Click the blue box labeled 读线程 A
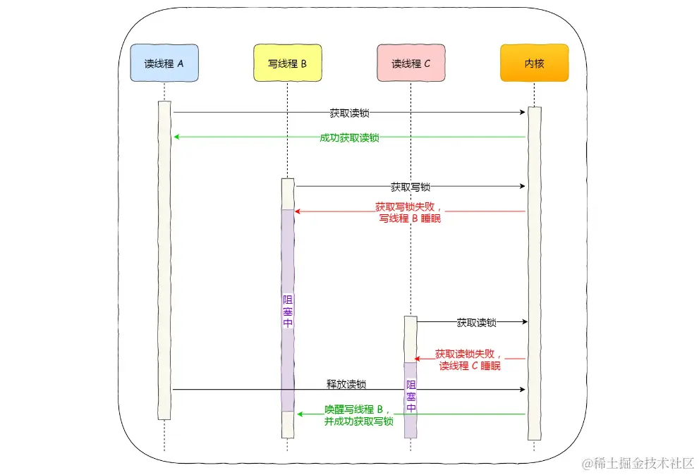pyautogui.click(x=164, y=63)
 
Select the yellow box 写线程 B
pyautogui.click(x=287, y=63)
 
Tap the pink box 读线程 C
pyautogui.click(x=411, y=63)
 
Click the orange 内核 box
pyautogui.click(x=534, y=63)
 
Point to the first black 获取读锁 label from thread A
pyautogui.click(x=349, y=113)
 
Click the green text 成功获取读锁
pyautogui.click(x=349, y=137)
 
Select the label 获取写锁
pyautogui.click(x=411, y=187)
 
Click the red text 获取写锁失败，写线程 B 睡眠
pyautogui.click(x=411, y=213)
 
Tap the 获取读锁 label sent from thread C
pyautogui.click(x=476, y=323)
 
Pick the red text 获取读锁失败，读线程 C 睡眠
pyautogui.click(x=469, y=360)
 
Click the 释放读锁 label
pyautogui.click(x=346, y=385)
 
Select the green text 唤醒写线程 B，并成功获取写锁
pyautogui.click(x=358, y=415)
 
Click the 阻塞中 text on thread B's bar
pyautogui.click(x=287, y=311)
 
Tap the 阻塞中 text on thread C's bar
pyautogui.click(x=411, y=396)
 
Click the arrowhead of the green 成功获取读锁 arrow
pyautogui.click(x=176, y=137)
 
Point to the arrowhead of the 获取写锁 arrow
pyautogui.click(x=523, y=187)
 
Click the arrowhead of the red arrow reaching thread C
pyautogui.click(x=417, y=359)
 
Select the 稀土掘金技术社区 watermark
pyautogui.click(x=638, y=463)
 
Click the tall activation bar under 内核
pyautogui.click(x=535, y=275)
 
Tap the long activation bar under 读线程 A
pyautogui.click(x=164, y=261)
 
